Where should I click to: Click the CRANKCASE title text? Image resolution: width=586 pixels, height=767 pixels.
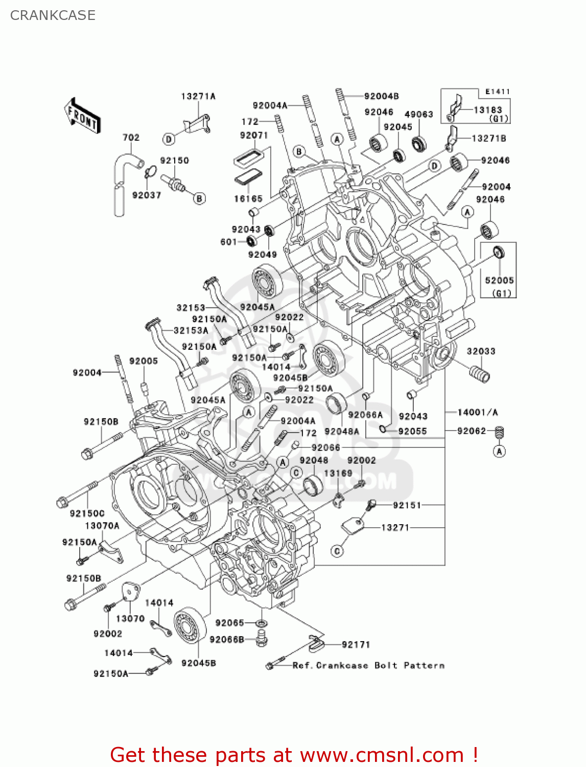[53, 15]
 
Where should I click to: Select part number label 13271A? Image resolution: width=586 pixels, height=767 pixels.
[198, 96]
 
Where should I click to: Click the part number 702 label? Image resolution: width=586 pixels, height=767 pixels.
[131, 137]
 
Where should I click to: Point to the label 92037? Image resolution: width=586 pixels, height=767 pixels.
[147, 195]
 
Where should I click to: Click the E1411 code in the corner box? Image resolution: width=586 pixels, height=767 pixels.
[497, 92]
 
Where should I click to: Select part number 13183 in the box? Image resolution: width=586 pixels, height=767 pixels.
[488, 109]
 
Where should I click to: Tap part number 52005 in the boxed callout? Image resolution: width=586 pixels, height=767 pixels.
[499, 280]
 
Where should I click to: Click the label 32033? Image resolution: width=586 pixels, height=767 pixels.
[481, 351]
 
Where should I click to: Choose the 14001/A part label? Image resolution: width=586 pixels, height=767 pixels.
[477, 412]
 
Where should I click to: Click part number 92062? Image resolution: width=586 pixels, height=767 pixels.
[472, 431]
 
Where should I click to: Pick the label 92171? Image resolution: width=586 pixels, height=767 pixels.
[356, 644]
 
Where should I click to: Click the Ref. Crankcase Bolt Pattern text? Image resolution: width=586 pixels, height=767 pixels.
[368, 665]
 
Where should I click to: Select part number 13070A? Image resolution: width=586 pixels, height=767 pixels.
[102, 526]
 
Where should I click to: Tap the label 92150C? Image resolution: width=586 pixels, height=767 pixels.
[87, 513]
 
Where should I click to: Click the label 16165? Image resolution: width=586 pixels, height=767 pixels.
[248, 198]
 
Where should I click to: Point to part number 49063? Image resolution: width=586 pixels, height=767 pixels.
[418, 114]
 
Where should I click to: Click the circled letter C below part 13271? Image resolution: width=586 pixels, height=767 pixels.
[337, 551]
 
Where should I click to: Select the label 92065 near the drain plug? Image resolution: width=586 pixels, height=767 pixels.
[229, 622]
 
